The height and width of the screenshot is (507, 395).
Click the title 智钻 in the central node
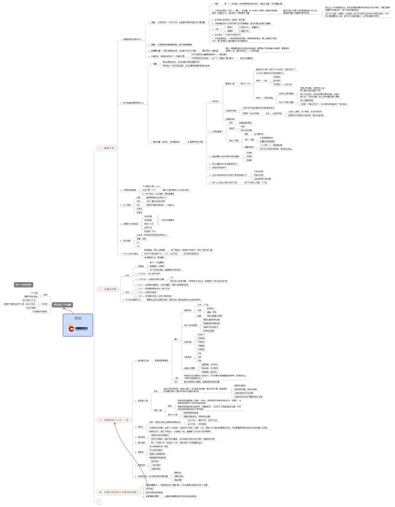[77, 318]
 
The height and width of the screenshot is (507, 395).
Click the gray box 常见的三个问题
[63, 304]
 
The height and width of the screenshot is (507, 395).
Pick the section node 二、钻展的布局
[108, 289]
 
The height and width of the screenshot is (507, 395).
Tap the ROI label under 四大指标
[137, 242]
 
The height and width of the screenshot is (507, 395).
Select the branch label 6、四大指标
[126, 241]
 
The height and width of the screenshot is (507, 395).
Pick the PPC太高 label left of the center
[34, 293]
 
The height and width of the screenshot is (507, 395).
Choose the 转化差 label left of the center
[44, 304]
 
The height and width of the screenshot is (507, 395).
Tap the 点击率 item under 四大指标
[139, 235]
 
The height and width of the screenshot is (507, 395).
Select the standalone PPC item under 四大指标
[137, 246]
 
